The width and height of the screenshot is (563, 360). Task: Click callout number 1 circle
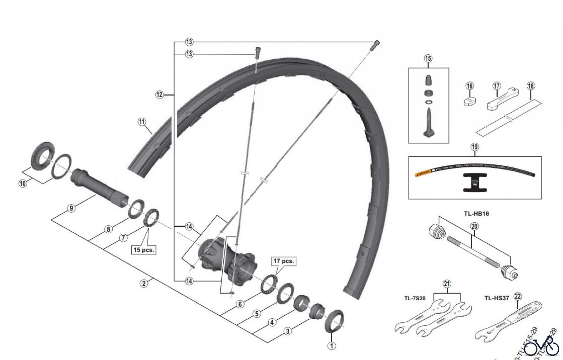coord(332,346)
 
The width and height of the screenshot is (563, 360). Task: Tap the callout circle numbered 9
coord(72,208)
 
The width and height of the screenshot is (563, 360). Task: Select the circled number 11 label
coord(142,122)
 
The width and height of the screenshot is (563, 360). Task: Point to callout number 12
coord(160,94)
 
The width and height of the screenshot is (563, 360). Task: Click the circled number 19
coord(474,147)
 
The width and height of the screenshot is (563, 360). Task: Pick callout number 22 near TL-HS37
coord(518,296)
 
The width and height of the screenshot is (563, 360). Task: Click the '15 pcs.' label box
coord(144,250)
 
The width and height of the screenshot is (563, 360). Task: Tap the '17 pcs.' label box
coord(284,261)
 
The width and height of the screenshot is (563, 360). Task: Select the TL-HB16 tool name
coord(476,214)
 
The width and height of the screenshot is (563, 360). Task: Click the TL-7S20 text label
coord(415,298)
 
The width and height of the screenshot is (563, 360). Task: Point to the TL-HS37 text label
coord(497,298)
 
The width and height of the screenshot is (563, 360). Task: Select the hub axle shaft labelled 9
coord(100,188)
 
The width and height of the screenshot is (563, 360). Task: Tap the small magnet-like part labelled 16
coord(469,102)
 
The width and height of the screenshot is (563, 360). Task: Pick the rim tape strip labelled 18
coord(509,117)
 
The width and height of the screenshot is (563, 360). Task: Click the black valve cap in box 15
coord(428,80)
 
